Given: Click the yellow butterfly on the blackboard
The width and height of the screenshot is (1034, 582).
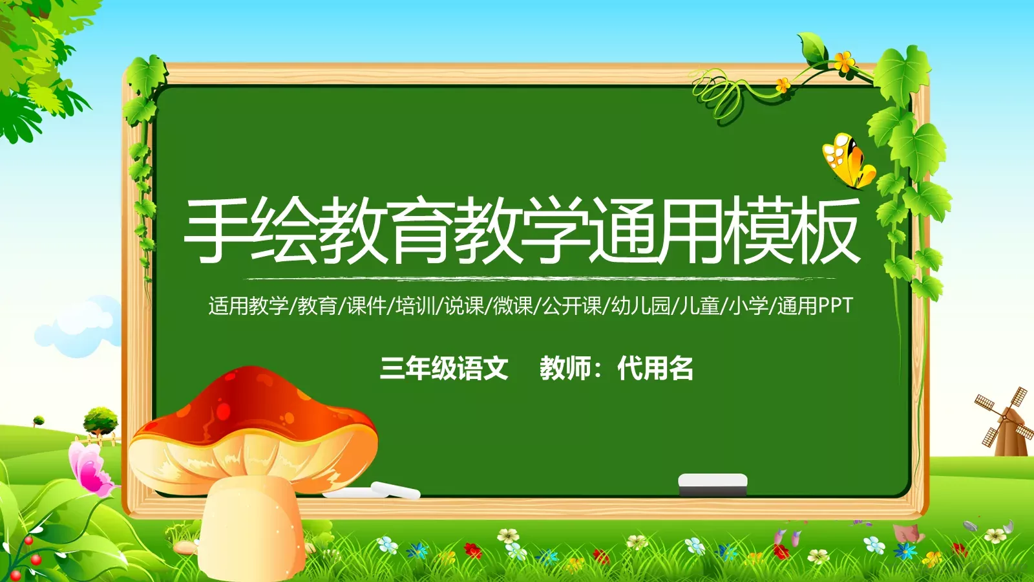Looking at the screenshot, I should pos(847,160).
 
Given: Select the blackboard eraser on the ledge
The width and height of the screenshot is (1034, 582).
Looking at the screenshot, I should pos(712,484).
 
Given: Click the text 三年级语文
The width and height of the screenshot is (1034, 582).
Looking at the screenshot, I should pos(444,369).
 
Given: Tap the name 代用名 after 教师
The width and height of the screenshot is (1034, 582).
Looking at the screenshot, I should pos(655,369).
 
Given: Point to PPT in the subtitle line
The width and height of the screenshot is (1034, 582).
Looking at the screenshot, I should pos(835,305).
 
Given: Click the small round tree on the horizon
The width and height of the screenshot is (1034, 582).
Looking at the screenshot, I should pos(101,419).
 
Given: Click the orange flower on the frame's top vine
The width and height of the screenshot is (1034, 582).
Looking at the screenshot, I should pos(843,62).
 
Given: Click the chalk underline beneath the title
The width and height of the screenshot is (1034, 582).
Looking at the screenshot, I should pos(536,279).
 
